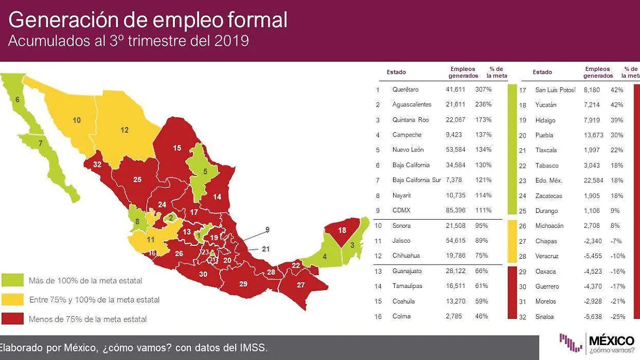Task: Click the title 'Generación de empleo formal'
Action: (148, 20)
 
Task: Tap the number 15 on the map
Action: (177, 148)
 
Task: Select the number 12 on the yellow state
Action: (124, 130)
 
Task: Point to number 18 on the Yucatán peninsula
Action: (342, 230)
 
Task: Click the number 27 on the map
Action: (301, 285)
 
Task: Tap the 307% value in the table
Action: (484, 90)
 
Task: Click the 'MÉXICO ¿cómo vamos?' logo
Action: (597, 343)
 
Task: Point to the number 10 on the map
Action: (76, 121)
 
